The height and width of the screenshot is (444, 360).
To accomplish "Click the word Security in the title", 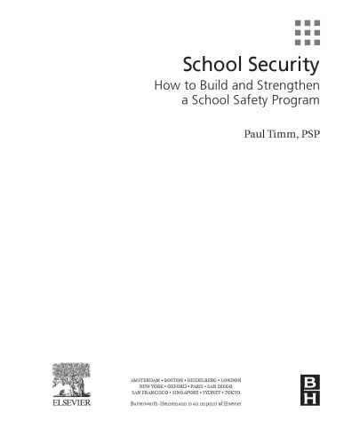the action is click(286, 66).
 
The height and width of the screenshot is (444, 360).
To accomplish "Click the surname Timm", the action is click(275, 137).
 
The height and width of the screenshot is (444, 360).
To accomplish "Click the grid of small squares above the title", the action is click(308, 32).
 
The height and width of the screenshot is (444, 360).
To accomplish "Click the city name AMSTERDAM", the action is click(147, 380).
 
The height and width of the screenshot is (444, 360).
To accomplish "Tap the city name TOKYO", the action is click(231, 392).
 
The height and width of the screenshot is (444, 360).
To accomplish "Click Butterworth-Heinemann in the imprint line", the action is click(160, 404).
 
